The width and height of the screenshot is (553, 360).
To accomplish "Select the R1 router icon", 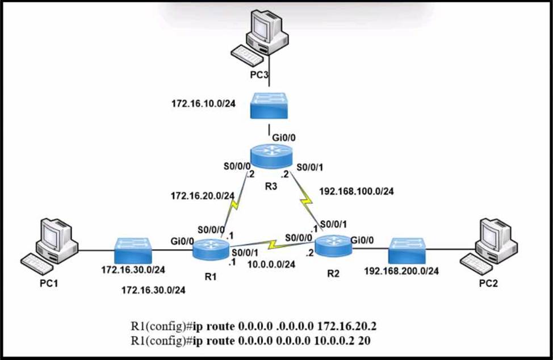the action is [211, 249].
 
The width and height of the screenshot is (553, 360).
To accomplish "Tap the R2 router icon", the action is [333, 246].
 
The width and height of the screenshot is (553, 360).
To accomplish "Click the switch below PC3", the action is [269, 106].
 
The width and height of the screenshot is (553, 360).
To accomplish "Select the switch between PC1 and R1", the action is [133, 251].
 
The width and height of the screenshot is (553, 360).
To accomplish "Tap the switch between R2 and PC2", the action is [407, 251].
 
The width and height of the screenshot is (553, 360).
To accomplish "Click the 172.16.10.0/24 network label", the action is [203, 104].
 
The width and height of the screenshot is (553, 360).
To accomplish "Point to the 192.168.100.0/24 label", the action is [356, 191].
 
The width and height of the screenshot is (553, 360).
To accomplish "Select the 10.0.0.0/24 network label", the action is [271, 265].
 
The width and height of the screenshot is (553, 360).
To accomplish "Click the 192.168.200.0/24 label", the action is [401, 271].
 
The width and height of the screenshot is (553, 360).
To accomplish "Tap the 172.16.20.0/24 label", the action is [203, 196].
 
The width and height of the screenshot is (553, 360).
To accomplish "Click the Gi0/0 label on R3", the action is [283, 138].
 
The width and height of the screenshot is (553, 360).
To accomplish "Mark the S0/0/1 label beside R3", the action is [309, 167].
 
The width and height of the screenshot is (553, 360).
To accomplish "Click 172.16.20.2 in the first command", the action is [347, 326].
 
